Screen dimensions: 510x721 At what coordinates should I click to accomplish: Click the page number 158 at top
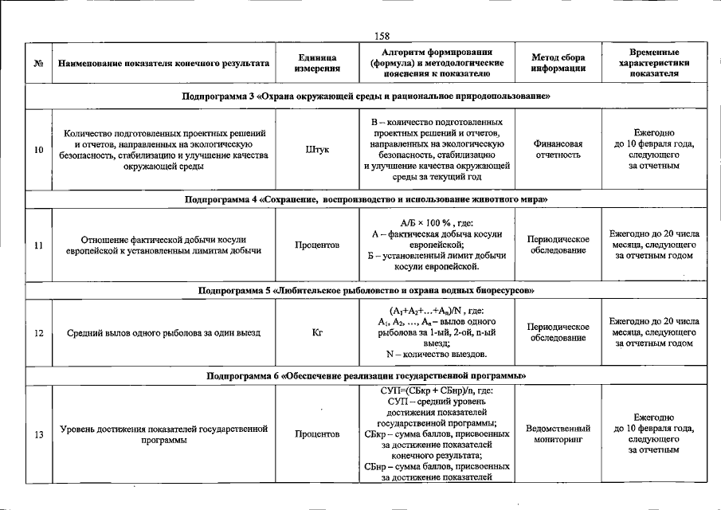(x=381, y=35)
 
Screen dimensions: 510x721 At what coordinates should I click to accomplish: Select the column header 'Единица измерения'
(x=317, y=63)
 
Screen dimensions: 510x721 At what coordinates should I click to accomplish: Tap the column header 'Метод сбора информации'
(x=558, y=63)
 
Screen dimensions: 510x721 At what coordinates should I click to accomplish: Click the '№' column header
(x=38, y=63)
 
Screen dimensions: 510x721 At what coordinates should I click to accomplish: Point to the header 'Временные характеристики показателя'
(x=654, y=62)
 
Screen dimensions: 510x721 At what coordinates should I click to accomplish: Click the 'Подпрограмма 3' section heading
(x=366, y=96)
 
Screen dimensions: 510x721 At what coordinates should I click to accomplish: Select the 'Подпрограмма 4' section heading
(x=366, y=198)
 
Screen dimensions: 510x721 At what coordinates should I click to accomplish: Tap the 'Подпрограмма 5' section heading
(x=366, y=290)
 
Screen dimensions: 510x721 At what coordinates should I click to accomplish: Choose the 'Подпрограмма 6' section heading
(x=366, y=375)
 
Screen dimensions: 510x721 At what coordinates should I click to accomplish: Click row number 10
(x=38, y=149)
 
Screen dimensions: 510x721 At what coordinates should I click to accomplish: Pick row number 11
(x=38, y=245)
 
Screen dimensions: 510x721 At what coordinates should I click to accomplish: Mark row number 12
(x=38, y=333)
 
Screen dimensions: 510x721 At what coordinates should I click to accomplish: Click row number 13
(x=38, y=434)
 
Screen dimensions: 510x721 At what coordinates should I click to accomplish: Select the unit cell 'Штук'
(x=317, y=149)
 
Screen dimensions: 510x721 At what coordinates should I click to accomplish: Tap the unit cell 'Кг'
(x=317, y=333)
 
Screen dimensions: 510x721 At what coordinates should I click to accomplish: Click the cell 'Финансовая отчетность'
(x=558, y=149)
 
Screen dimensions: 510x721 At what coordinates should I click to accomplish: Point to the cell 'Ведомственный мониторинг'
(x=558, y=433)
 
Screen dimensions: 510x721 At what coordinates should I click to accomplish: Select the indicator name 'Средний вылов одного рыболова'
(x=163, y=333)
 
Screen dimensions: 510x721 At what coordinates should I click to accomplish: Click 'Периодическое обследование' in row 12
(x=558, y=332)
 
